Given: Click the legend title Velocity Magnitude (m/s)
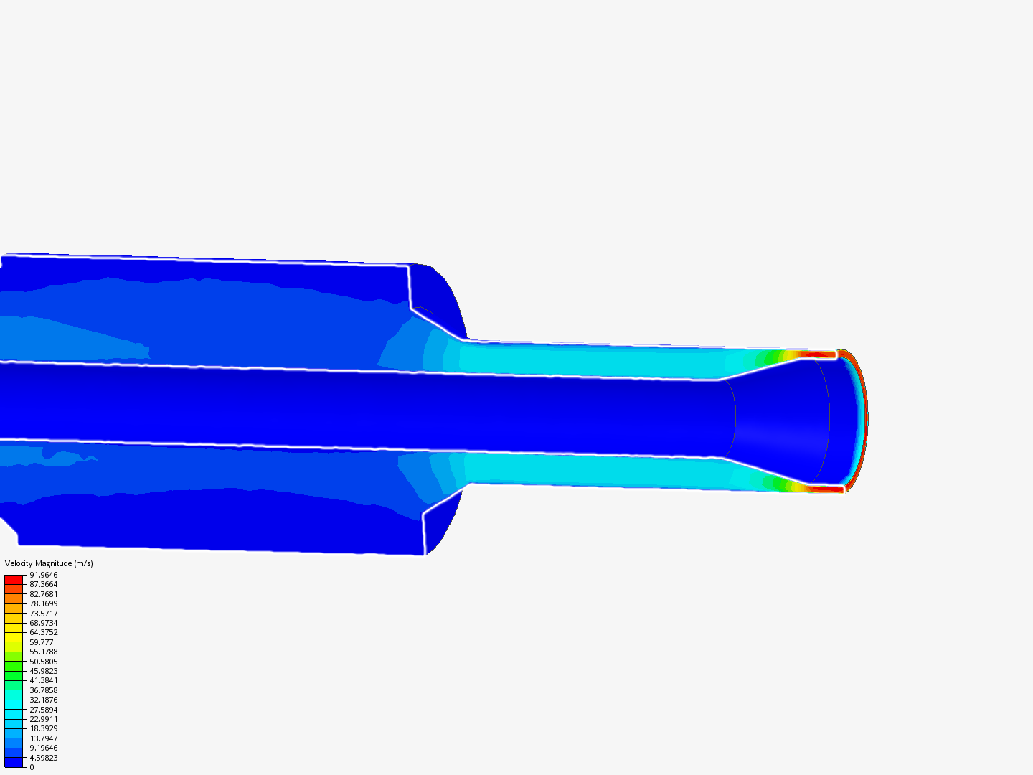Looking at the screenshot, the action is coord(49,563).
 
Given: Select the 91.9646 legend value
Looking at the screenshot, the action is coord(43,575).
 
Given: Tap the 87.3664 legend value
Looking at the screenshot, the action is coord(43,584).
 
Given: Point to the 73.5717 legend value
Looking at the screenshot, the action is coord(43,614).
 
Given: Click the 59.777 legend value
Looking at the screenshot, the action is coord(42,642).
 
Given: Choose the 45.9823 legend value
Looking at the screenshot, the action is coord(43,671).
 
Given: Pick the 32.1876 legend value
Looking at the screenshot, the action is coord(43,700).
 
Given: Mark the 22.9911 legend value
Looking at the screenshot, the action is coord(43,719).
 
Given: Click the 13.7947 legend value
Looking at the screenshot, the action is coord(43,738).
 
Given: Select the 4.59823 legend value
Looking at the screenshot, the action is coord(43,758).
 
